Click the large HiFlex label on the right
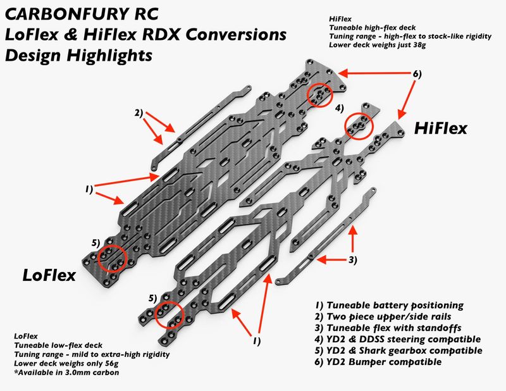pyautogui.click(x=441, y=128)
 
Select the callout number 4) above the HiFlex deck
pyautogui.click(x=340, y=108)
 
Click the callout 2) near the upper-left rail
pyautogui.click(x=139, y=114)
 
